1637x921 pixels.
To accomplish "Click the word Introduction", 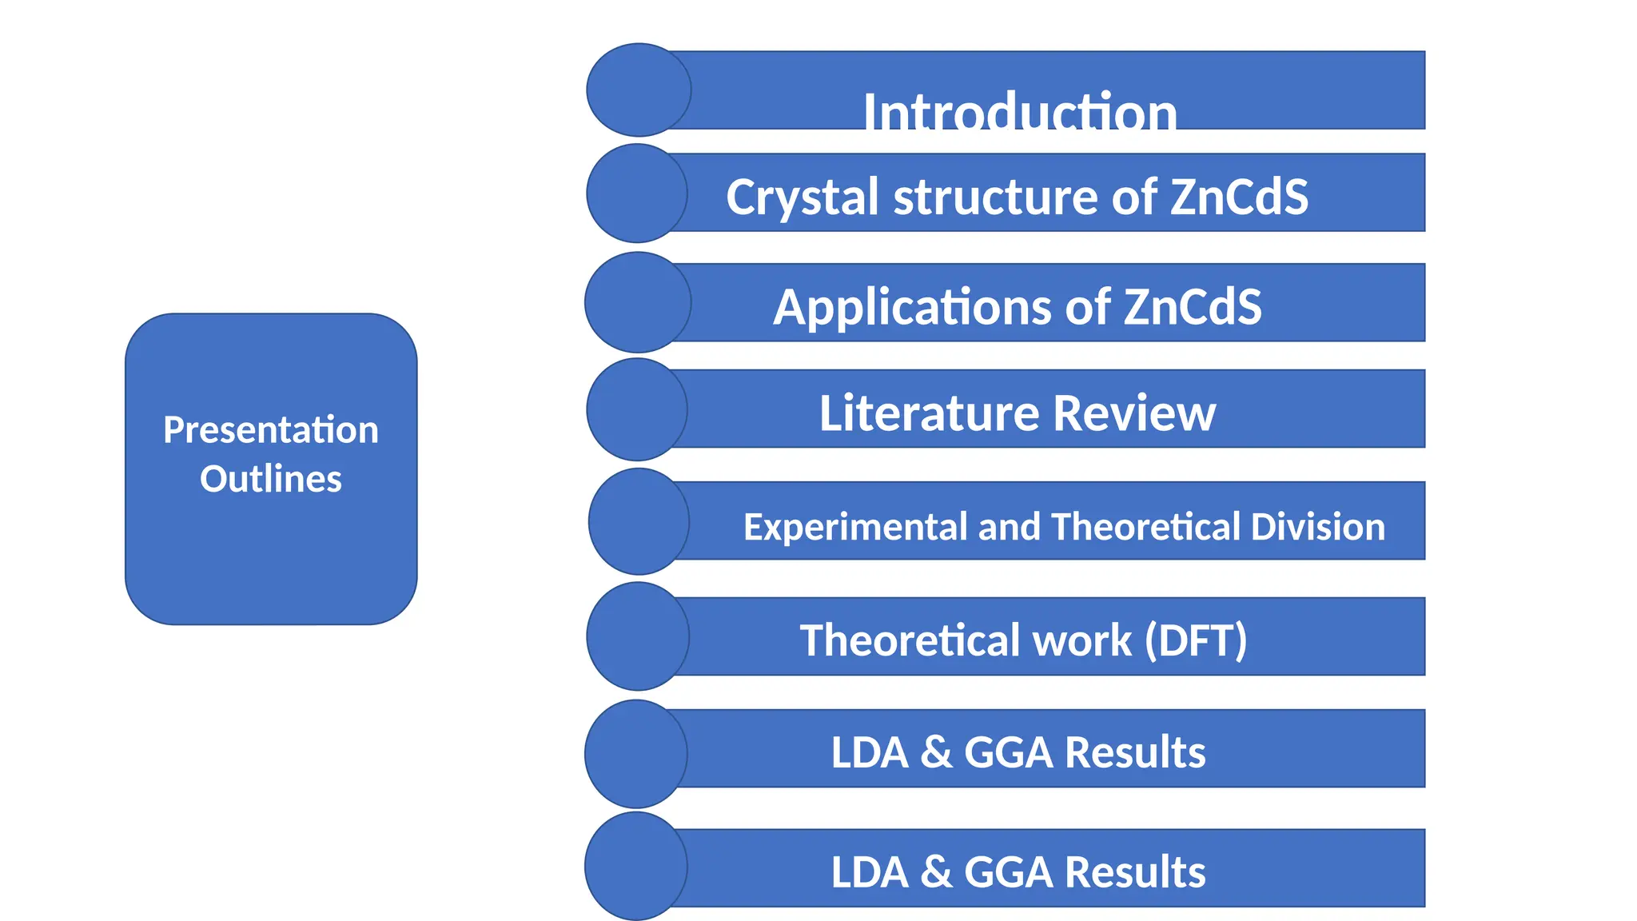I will [1020, 112].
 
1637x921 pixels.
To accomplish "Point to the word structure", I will [996, 197].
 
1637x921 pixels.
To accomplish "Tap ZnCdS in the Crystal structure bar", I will [1239, 197].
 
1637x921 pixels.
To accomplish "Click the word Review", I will [1134, 413].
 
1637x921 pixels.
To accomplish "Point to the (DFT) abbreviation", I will [1196, 640].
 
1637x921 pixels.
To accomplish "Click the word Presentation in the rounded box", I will [271, 430].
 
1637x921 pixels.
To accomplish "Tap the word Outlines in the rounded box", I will [271, 480].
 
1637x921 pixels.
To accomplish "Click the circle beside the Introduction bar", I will [639, 90].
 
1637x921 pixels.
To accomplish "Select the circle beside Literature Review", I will [637, 409].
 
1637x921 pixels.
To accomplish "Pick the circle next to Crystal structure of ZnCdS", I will [637, 193].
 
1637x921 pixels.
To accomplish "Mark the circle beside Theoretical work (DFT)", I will [638, 636].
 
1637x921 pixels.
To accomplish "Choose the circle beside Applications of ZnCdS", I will [638, 302].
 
